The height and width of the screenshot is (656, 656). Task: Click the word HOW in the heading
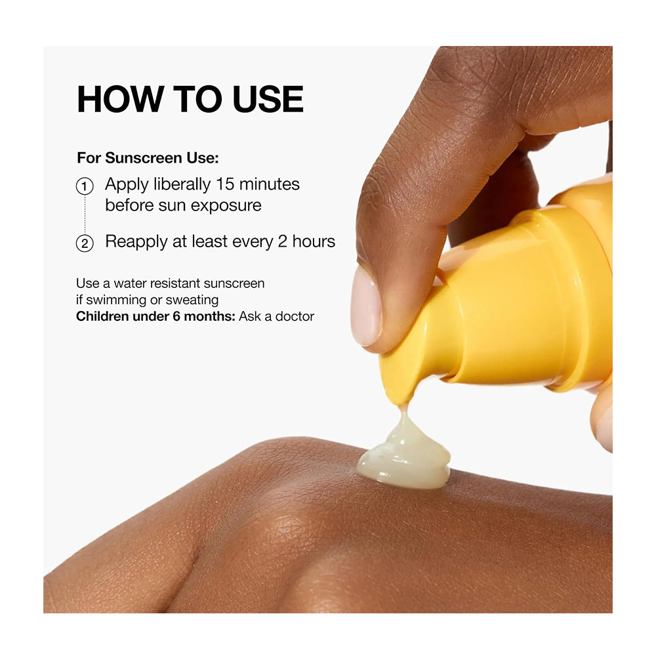[x=121, y=99]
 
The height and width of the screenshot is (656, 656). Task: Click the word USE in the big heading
[x=268, y=99]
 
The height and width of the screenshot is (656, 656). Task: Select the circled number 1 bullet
[x=85, y=186]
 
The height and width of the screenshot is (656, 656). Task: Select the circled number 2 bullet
[x=85, y=243]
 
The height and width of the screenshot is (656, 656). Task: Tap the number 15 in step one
[x=225, y=184]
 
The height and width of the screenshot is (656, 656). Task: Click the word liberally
[x=182, y=185]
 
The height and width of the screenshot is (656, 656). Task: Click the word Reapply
[x=136, y=242]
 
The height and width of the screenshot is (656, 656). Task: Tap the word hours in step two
[x=314, y=241]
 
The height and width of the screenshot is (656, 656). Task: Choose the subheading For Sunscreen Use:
[x=148, y=157]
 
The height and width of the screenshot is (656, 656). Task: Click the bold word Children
[x=102, y=316]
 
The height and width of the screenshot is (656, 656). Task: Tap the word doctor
[x=295, y=316]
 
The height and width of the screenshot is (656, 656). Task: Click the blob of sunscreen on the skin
[x=403, y=456]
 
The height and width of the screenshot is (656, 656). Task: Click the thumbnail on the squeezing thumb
[x=365, y=306]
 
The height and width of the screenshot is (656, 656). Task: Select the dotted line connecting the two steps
[x=85, y=215]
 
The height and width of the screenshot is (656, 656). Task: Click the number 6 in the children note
[x=176, y=316]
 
